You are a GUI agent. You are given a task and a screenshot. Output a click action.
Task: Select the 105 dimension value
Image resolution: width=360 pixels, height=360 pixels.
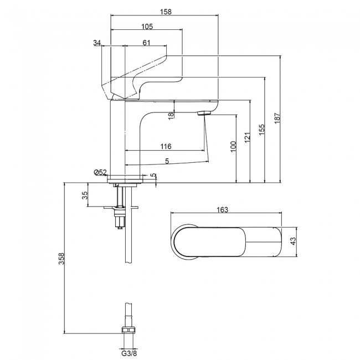click(x=147, y=27)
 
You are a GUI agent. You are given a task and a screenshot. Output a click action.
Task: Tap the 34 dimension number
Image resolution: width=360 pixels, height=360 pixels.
click(x=97, y=43)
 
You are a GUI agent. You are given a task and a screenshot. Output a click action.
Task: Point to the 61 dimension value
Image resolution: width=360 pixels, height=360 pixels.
click(x=146, y=43)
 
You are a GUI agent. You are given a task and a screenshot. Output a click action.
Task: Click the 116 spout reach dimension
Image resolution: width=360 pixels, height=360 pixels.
click(x=165, y=146)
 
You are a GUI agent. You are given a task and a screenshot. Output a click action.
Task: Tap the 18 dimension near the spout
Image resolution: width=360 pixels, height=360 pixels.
click(x=172, y=115)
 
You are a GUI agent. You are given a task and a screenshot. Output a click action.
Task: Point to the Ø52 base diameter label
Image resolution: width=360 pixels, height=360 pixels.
click(x=100, y=173)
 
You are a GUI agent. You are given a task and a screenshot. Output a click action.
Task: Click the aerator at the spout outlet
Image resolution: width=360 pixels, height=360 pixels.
click(x=204, y=113)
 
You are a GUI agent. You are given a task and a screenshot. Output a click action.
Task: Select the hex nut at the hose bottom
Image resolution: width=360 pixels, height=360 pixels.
click(x=128, y=332)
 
